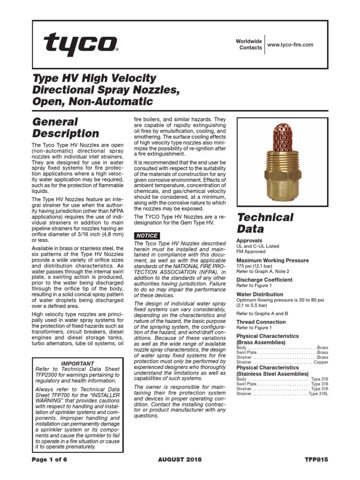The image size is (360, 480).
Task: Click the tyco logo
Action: pyautogui.click(x=81, y=45)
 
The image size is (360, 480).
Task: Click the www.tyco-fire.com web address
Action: pyautogui.click(x=290, y=45)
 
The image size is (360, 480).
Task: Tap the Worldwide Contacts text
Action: pyautogui.click(x=249, y=45)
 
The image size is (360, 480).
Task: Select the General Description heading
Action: pyautogui.click(x=66, y=127)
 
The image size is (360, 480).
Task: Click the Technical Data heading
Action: pyautogui.click(x=265, y=223)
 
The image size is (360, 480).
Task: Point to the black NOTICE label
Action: pyautogui.click(x=147, y=235)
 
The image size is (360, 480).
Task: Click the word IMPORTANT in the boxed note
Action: pyautogui.click(x=78, y=363)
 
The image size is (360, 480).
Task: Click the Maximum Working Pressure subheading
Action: pyautogui.click(x=273, y=260)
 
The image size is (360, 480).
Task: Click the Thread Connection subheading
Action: pyautogui.click(x=261, y=322)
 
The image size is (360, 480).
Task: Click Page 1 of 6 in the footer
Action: pyautogui.click(x=50, y=459)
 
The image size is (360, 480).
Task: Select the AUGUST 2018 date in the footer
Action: pyautogui.click(x=180, y=459)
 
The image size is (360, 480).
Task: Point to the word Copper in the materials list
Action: pyautogui.click(x=321, y=362)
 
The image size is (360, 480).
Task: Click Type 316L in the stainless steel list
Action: pyautogui.click(x=318, y=394)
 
